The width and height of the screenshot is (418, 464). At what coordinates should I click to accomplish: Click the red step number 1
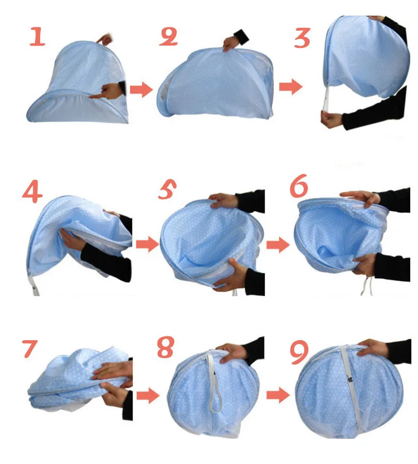tap(37, 37)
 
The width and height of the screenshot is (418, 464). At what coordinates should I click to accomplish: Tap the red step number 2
tap(168, 37)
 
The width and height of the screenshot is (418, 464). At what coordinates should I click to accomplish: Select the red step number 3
tap(302, 38)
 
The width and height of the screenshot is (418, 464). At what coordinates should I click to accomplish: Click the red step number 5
tap(167, 189)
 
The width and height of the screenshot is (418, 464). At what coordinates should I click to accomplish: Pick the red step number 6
tap(299, 186)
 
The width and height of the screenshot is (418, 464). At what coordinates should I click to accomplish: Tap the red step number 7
tap(30, 349)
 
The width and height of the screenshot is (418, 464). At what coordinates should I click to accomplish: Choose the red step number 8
tap(166, 346)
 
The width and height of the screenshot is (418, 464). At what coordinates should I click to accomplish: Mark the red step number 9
tap(299, 352)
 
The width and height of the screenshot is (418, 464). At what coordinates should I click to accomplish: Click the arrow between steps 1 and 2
tap(142, 89)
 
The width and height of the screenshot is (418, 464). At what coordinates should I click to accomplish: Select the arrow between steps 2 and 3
tap(291, 86)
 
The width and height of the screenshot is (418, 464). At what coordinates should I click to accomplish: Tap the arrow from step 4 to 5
tap(148, 244)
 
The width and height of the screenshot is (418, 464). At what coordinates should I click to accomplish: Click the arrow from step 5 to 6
tap(278, 245)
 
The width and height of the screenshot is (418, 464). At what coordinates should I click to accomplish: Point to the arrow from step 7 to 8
tap(148, 395)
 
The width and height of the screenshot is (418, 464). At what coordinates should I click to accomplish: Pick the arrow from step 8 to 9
tap(278, 395)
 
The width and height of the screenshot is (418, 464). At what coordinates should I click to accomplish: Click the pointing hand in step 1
tap(108, 91)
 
